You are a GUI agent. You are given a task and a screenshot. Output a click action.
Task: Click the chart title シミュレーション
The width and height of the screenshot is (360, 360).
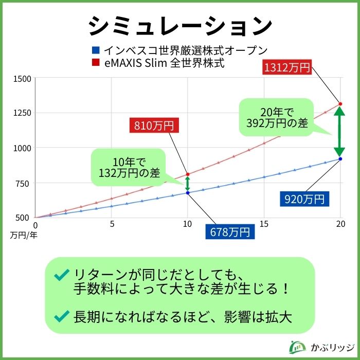click(179, 25)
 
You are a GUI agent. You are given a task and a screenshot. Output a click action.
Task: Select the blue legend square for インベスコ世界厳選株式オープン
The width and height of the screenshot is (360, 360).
click(95, 50)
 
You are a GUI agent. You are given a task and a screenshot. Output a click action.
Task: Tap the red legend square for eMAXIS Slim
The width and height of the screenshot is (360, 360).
click(95, 64)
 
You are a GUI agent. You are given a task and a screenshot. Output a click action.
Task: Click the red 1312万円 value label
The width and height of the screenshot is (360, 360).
click(287, 67)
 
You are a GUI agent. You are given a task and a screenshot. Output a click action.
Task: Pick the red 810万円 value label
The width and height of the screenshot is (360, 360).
click(154, 125)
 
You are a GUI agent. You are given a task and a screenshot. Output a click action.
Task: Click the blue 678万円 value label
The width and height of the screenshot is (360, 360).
click(230, 232)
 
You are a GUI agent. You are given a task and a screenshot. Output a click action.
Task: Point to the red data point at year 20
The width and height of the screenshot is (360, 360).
click(340, 104)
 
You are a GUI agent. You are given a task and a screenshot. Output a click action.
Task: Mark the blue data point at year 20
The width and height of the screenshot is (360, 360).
click(340, 159)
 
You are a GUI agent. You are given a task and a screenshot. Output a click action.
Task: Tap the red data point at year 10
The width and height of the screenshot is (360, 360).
click(188, 174)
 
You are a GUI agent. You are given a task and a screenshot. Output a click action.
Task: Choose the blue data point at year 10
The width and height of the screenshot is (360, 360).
click(188, 193)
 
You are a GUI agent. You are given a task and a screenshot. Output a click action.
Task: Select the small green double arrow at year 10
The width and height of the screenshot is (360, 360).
click(188, 184)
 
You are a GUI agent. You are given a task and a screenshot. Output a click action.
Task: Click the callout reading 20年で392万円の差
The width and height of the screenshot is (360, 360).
click(277, 117)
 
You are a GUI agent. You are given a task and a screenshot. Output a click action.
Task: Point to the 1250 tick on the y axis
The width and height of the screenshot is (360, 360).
click(23, 113)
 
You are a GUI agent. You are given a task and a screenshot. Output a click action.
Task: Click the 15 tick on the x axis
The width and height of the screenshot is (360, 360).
click(264, 224)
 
